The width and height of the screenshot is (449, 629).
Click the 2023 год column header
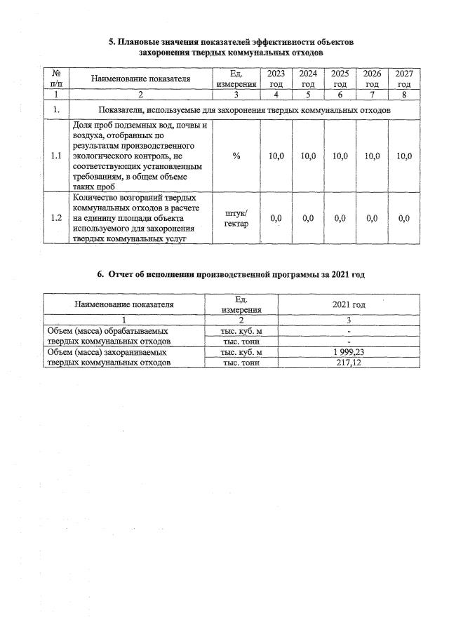pyautogui.click(x=276, y=79)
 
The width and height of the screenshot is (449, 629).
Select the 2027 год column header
pyautogui.click(x=403, y=79)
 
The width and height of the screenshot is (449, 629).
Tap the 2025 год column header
pyautogui.click(x=340, y=79)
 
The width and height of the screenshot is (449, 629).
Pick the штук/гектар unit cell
pyautogui.click(x=236, y=218)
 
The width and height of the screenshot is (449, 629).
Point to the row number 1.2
pyautogui.click(x=55, y=218)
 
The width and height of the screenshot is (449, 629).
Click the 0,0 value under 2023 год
pyautogui.click(x=276, y=219)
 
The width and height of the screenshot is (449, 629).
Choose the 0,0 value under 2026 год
pyautogui.click(x=372, y=219)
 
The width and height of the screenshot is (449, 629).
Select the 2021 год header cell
pyautogui.click(x=339, y=304)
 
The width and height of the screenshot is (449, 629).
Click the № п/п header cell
pyautogui.click(x=55, y=79)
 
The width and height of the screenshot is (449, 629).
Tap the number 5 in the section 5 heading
pyautogui.click(x=112, y=42)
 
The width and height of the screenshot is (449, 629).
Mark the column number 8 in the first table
pyautogui.click(x=403, y=94)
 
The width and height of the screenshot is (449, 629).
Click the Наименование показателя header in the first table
pyautogui.click(x=140, y=79)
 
